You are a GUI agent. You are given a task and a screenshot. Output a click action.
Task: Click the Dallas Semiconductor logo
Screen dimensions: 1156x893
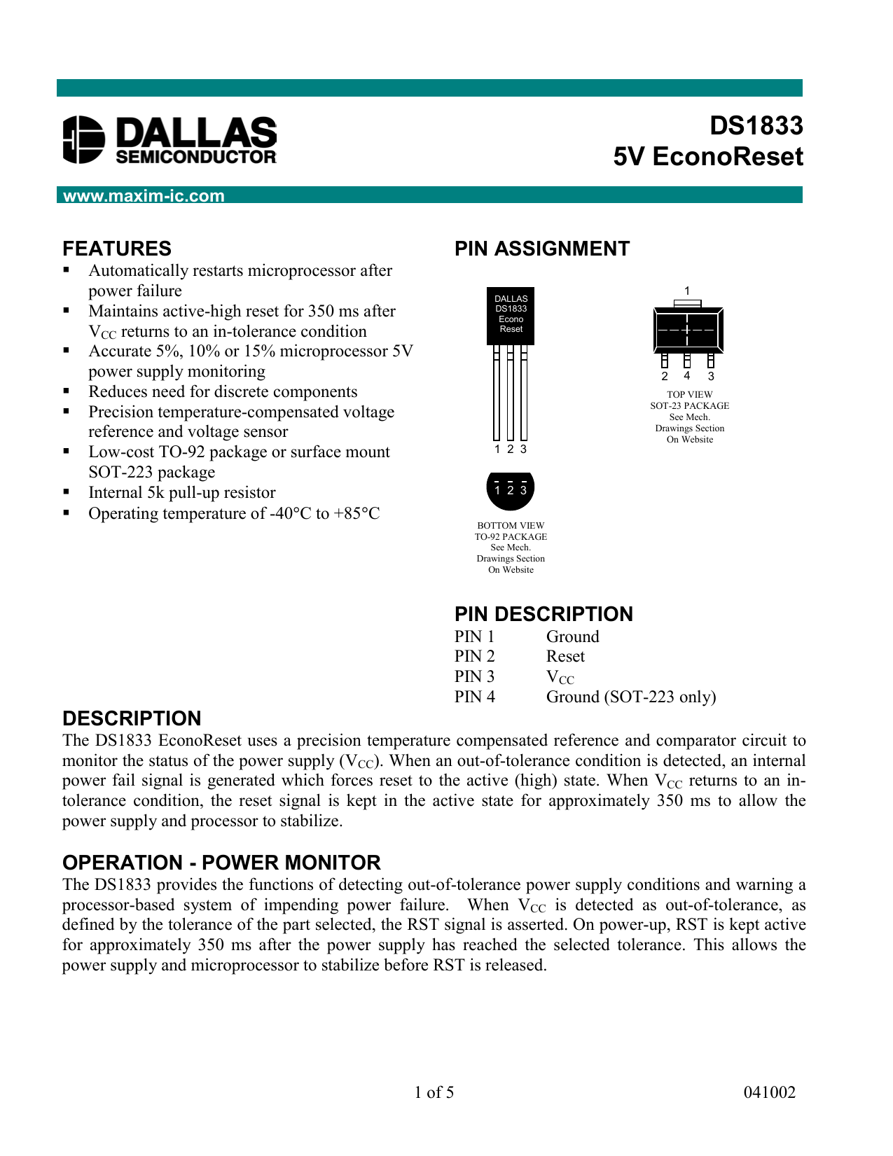coord(169,140)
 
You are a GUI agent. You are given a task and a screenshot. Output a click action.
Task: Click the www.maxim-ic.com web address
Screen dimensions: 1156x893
coord(144,196)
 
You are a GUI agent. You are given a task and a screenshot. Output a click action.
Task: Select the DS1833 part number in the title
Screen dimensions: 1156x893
coord(756,126)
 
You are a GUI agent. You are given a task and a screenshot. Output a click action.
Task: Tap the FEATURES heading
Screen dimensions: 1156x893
coord(117,249)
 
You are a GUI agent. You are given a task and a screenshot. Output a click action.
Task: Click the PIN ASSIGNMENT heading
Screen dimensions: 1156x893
coord(541,249)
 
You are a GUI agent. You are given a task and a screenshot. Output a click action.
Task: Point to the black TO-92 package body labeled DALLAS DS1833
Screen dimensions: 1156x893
coord(511,315)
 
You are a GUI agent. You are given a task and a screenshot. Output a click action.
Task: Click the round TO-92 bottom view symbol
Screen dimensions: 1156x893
coord(510,489)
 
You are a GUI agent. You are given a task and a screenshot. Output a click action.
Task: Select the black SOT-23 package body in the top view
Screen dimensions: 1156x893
coord(688,329)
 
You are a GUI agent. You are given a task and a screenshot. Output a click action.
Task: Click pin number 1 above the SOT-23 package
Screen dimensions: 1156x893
coord(687,291)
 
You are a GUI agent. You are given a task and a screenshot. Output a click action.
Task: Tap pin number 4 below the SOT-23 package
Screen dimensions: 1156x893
coord(687,376)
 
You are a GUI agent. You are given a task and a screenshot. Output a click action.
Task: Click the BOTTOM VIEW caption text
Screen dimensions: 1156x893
coord(511,525)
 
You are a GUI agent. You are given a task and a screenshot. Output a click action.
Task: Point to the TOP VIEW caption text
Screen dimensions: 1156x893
coord(689,395)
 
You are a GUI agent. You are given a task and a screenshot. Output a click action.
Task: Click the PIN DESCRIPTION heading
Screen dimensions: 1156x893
coord(544,614)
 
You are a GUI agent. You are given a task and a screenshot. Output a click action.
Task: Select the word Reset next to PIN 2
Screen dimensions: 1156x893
coord(565,656)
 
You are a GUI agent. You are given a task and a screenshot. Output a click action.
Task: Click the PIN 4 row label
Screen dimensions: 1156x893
coord(474,697)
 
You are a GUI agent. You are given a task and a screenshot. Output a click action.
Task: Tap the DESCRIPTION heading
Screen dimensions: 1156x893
coord(132,718)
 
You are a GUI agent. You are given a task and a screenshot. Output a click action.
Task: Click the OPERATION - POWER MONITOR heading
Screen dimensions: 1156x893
coord(221,863)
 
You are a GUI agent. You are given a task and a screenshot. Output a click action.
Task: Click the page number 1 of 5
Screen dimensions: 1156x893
coord(434,1092)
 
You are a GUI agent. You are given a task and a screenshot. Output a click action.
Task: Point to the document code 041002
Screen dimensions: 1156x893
coord(769,1092)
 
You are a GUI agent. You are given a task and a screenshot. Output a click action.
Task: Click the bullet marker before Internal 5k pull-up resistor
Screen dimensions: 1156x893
coord(67,492)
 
